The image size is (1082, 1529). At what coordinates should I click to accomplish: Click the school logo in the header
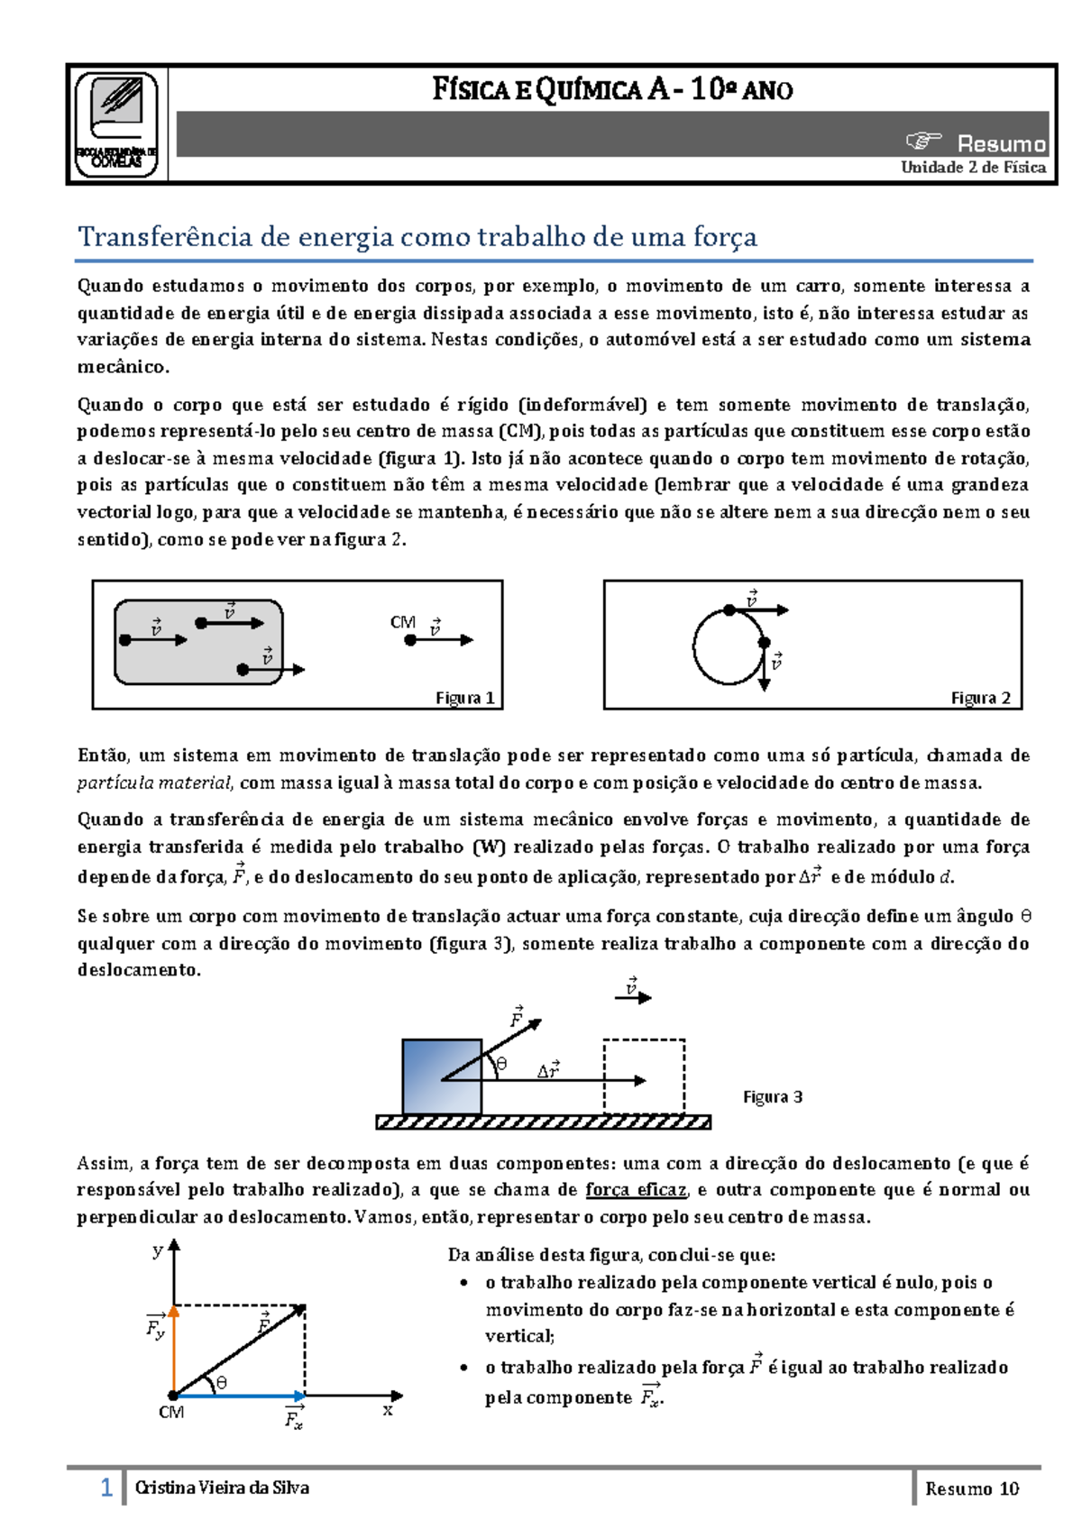click(116, 124)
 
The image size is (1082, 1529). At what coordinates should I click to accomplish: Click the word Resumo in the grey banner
click(1001, 143)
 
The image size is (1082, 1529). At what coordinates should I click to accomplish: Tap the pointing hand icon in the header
click(923, 141)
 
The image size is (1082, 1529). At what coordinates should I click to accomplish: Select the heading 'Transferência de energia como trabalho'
click(417, 236)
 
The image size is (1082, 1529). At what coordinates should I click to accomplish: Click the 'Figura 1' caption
click(464, 698)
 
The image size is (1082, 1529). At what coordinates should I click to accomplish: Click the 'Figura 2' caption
click(980, 698)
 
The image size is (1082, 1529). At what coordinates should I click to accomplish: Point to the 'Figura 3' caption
click(773, 1096)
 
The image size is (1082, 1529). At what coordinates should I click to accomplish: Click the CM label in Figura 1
click(402, 622)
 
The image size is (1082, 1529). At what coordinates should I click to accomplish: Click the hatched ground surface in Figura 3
click(543, 1122)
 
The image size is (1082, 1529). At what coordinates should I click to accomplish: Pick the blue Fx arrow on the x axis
click(239, 1396)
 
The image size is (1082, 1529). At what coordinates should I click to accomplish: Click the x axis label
click(388, 1410)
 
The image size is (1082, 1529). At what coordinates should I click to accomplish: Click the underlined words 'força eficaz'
click(636, 1190)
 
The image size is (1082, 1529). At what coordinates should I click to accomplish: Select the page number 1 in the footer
click(106, 1488)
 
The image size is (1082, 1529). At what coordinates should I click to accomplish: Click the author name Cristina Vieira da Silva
click(222, 1488)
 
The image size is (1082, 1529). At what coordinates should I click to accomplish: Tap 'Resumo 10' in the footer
click(971, 1488)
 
